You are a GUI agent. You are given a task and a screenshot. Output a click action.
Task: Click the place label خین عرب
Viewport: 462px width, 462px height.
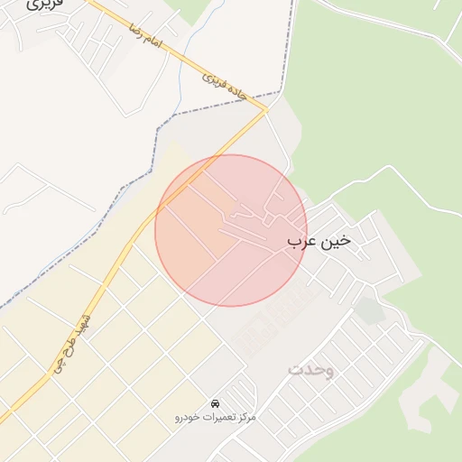[319, 242]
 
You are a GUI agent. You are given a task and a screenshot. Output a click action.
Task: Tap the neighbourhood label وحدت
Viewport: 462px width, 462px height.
[311, 370]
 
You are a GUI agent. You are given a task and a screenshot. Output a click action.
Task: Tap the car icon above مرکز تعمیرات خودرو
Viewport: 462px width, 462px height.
[215, 402]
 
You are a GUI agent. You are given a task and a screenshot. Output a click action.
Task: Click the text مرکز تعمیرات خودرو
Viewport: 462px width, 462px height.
[216, 418]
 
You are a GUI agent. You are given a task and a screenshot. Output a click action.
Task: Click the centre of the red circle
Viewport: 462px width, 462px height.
[231, 230]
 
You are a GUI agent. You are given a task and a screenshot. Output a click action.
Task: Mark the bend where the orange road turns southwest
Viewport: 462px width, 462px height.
[265, 110]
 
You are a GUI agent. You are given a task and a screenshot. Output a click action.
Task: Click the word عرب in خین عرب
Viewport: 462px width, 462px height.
[301, 242]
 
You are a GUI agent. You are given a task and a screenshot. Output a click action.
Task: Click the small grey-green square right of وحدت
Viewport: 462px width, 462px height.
[368, 310]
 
